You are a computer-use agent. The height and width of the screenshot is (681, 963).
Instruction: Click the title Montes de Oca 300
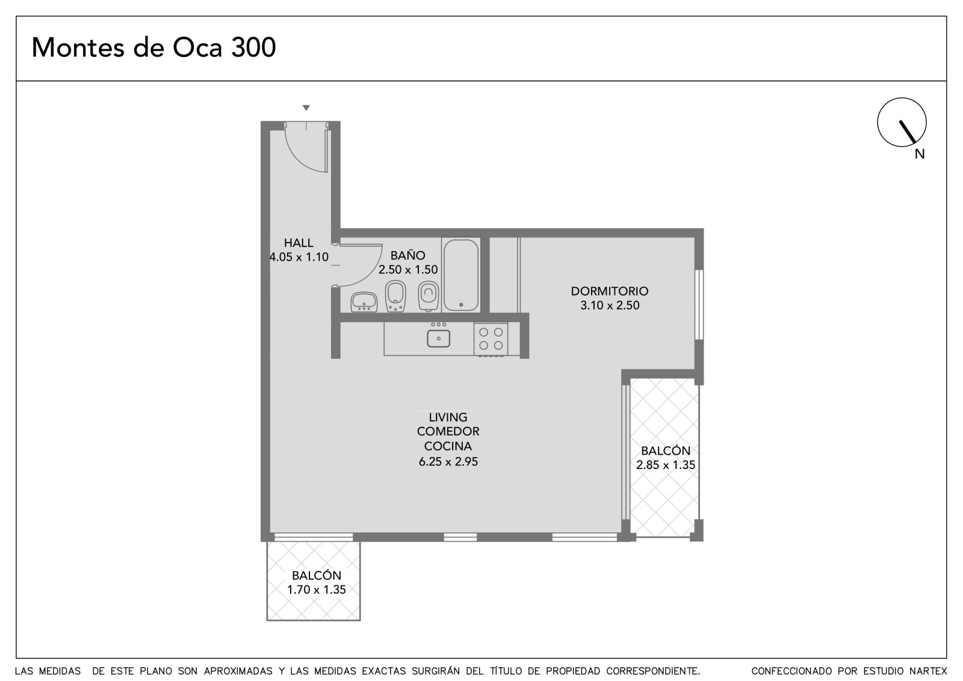(153, 48)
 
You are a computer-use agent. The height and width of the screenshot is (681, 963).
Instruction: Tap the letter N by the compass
(920, 154)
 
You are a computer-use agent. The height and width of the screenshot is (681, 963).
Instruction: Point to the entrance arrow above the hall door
(306, 108)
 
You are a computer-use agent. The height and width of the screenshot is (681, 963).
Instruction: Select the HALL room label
(299, 243)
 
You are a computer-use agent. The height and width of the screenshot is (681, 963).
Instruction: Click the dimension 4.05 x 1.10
(299, 257)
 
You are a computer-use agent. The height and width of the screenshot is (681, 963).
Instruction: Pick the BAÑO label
(407, 255)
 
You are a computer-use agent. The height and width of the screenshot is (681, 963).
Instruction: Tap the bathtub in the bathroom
(461, 275)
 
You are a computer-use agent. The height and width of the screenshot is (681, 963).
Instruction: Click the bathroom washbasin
(364, 302)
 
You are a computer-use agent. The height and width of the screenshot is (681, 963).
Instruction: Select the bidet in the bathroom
(395, 296)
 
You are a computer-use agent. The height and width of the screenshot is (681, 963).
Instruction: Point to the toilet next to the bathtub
(428, 296)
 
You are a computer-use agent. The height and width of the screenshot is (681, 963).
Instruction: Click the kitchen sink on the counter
(439, 338)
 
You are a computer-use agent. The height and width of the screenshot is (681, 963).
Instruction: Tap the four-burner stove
(491, 339)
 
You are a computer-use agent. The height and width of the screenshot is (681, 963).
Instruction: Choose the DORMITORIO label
(609, 291)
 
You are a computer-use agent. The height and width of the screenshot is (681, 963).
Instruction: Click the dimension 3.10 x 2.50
(610, 305)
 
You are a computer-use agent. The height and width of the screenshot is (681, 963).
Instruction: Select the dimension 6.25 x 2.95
(448, 462)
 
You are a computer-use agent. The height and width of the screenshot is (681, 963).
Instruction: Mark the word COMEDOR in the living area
(448, 431)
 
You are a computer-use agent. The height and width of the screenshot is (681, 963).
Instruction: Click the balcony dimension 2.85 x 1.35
(666, 465)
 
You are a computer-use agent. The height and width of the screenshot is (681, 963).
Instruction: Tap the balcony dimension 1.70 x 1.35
(317, 589)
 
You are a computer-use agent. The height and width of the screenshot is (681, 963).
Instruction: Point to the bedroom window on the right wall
(699, 305)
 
